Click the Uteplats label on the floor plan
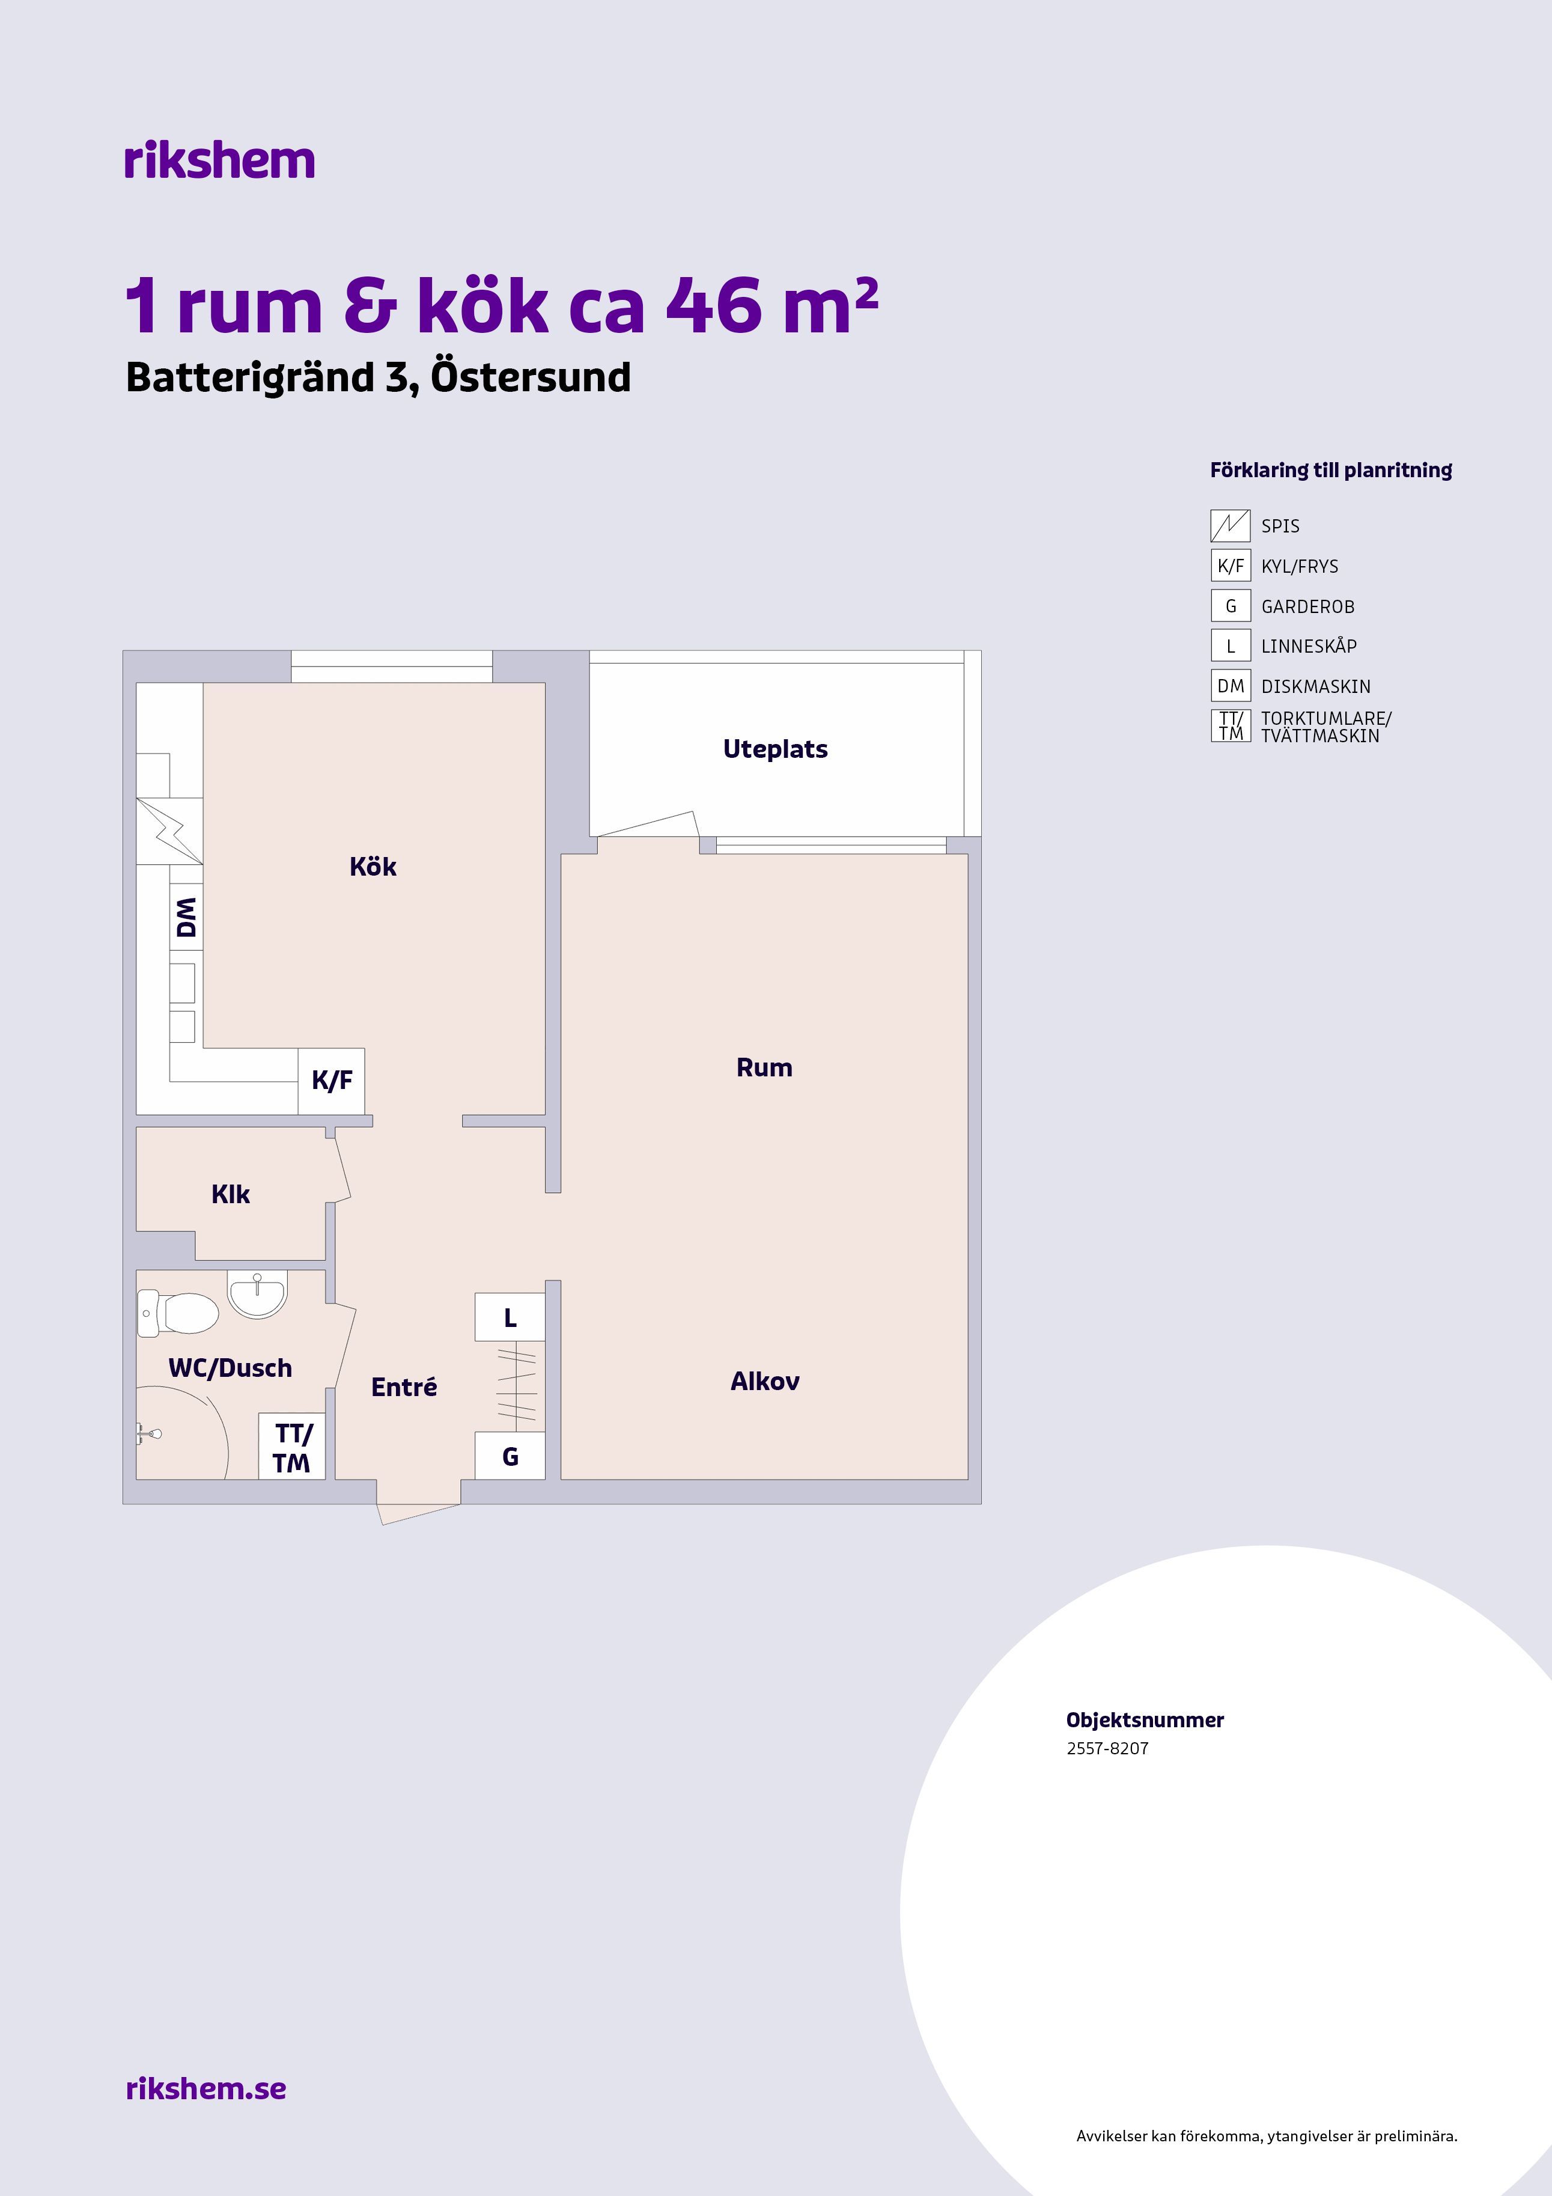[x=776, y=749]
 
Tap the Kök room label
[x=373, y=867]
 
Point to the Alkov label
[x=765, y=1381]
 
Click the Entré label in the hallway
[x=404, y=1387]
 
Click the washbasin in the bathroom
[x=257, y=1293]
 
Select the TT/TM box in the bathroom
[x=291, y=1446]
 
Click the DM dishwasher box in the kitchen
[x=186, y=917]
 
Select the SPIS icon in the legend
[x=1231, y=526]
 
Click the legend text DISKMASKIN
[x=1316, y=687]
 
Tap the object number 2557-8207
[x=1107, y=1748]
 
